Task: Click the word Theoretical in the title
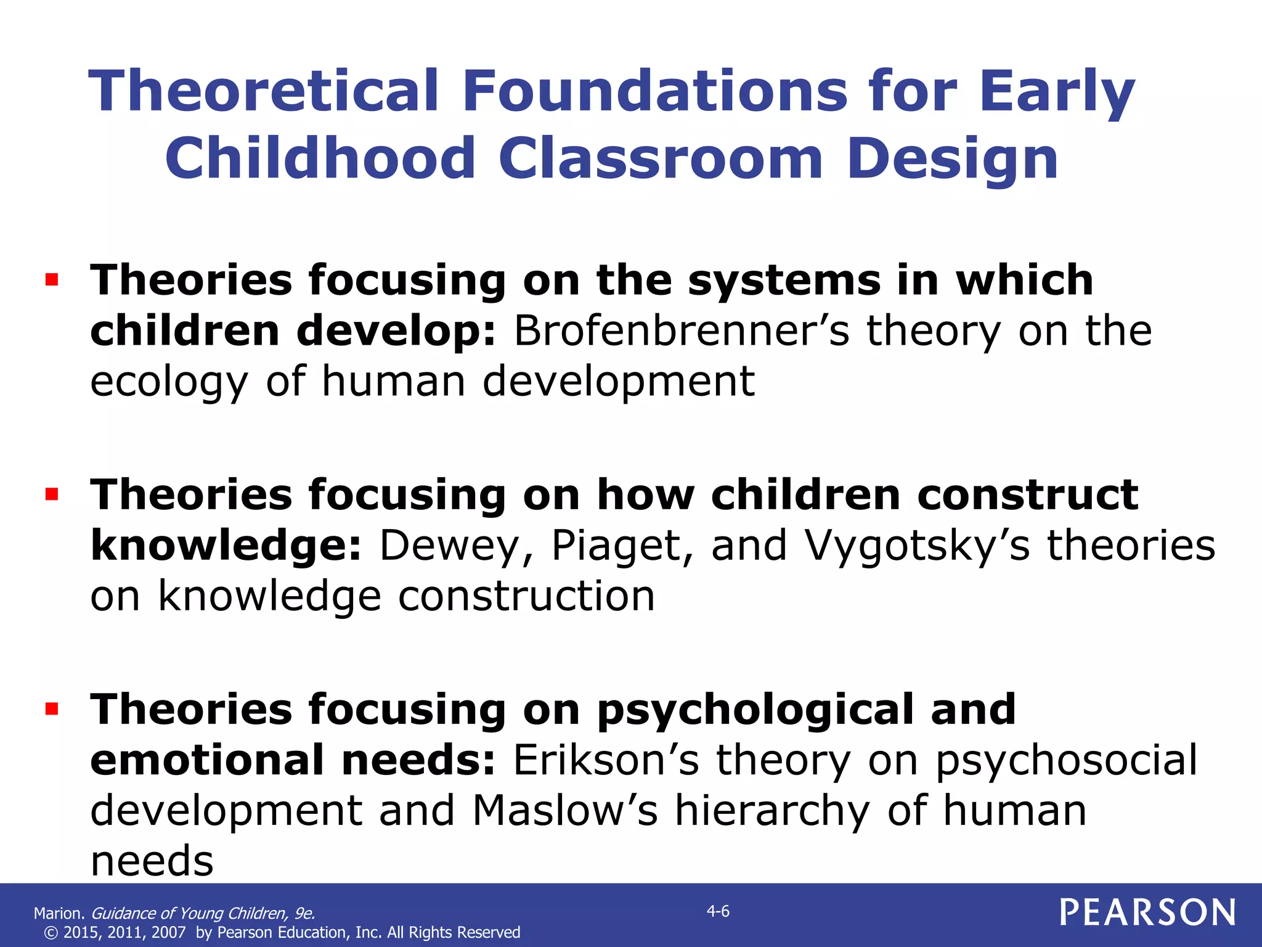coord(264,91)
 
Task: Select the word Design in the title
coord(952,158)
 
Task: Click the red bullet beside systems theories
coord(52,281)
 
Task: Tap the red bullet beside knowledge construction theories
coord(52,494)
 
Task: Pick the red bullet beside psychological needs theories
coord(52,709)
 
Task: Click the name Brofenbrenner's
coord(681,331)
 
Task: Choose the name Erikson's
coord(606,760)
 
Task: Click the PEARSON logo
coord(1147,912)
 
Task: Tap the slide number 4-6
coord(718,911)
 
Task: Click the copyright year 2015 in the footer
coord(80,932)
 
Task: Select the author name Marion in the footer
coord(59,913)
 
